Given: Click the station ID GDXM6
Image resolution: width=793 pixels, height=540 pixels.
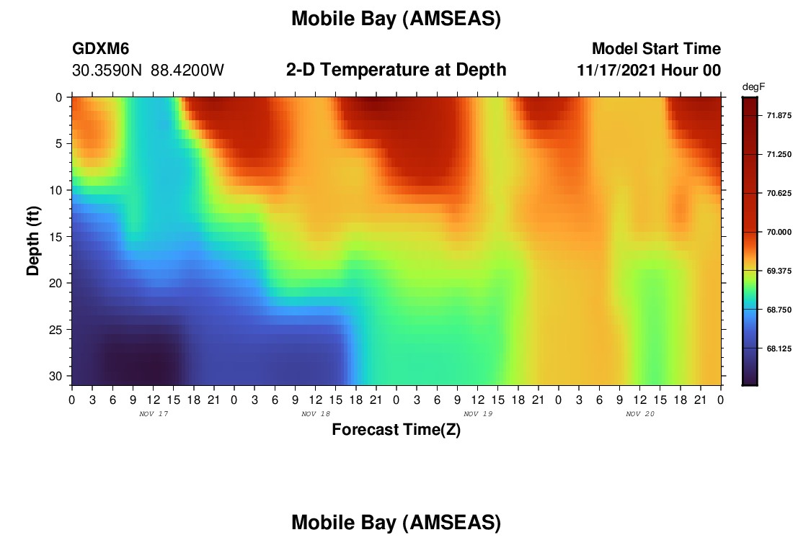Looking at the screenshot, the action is point(101,48).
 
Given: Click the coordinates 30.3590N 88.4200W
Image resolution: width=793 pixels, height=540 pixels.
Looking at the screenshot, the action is point(148,70).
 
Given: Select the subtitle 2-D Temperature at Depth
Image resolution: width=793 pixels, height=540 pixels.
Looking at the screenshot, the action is point(396,69).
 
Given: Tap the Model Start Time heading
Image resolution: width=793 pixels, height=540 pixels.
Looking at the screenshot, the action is point(657,48).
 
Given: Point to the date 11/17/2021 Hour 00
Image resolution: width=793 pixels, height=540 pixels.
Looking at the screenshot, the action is point(649,70).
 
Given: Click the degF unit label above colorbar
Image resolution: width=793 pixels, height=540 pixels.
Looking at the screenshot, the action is point(753,87).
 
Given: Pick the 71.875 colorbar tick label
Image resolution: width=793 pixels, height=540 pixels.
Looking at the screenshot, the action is point(779,116).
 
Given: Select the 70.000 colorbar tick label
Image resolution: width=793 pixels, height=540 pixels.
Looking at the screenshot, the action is point(779,232).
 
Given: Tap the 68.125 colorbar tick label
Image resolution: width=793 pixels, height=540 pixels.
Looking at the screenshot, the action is point(779,348).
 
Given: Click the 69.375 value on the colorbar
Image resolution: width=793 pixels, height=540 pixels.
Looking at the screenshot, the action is point(779,271).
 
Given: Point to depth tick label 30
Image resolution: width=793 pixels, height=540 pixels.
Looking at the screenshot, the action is point(56,377).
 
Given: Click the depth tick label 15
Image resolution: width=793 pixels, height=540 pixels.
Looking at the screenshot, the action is point(56,236).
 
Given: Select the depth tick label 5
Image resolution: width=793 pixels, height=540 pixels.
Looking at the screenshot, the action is point(59,143).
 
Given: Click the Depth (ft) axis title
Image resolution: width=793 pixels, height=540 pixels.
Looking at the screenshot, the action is point(33,240).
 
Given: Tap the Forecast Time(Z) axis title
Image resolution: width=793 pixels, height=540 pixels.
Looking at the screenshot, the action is point(396,430).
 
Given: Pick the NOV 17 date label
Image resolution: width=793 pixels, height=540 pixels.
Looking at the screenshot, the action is point(154,414).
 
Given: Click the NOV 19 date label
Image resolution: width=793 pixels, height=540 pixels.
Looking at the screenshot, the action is point(478,414).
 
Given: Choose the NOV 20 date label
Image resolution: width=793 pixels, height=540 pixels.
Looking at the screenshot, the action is point(640,414).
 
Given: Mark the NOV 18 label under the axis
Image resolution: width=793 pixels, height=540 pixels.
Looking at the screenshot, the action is point(316,414).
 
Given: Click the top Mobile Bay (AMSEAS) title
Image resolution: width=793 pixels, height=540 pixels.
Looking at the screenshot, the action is point(396,19).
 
